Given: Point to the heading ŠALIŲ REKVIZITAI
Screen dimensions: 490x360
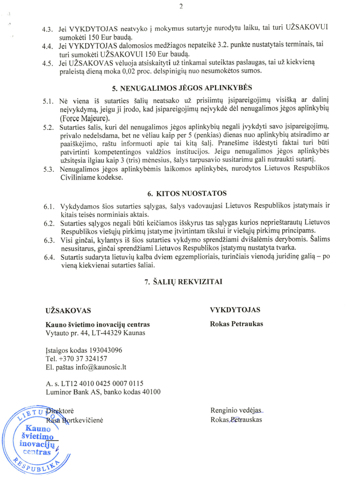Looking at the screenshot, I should pyautogui.click(x=185, y=282).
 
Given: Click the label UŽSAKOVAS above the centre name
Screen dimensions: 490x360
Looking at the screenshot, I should pyautogui.click(x=68, y=310).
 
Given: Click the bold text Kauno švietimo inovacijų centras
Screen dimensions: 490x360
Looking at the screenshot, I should pyautogui.click(x=98, y=324).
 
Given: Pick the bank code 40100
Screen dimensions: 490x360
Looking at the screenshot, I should pyautogui.click(x=151, y=392).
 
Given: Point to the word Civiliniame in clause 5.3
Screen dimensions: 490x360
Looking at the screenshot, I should pyautogui.click(x=79, y=178).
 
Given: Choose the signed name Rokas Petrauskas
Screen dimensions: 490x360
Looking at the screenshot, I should pyautogui.click(x=237, y=419).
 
